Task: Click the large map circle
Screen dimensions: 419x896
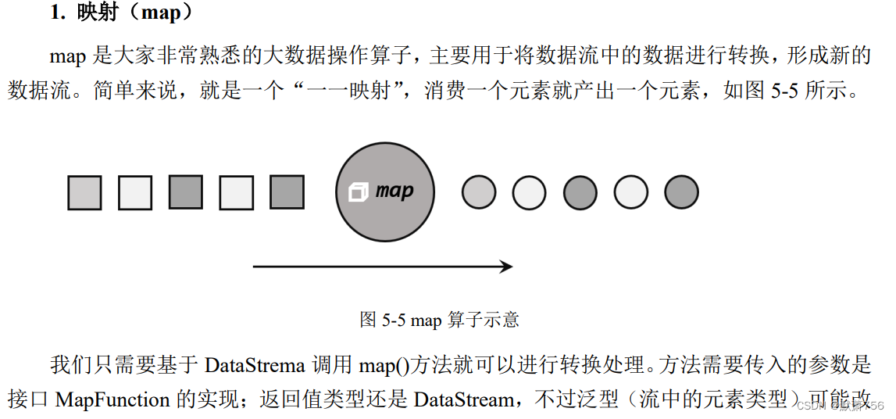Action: point(384,192)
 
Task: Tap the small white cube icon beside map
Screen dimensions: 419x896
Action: point(358,192)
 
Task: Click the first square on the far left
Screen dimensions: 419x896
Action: point(84,192)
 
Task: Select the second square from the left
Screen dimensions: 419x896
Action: point(135,192)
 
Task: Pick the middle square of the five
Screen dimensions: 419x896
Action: point(186,192)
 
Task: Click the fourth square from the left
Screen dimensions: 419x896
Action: point(236,192)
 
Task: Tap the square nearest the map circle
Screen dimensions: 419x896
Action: point(287,192)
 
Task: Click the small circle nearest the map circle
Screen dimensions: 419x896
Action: point(479,192)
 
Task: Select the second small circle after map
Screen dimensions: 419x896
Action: point(529,192)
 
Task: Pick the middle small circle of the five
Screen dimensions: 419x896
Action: point(580,192)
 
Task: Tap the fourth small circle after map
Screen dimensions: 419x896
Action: point(630,192)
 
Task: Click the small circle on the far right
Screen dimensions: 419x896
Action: point(681,192)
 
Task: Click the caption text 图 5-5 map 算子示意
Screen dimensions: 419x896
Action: point(440,319)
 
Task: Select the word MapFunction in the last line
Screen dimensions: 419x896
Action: point(112,399)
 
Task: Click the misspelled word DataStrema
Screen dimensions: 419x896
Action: point(254,365)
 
